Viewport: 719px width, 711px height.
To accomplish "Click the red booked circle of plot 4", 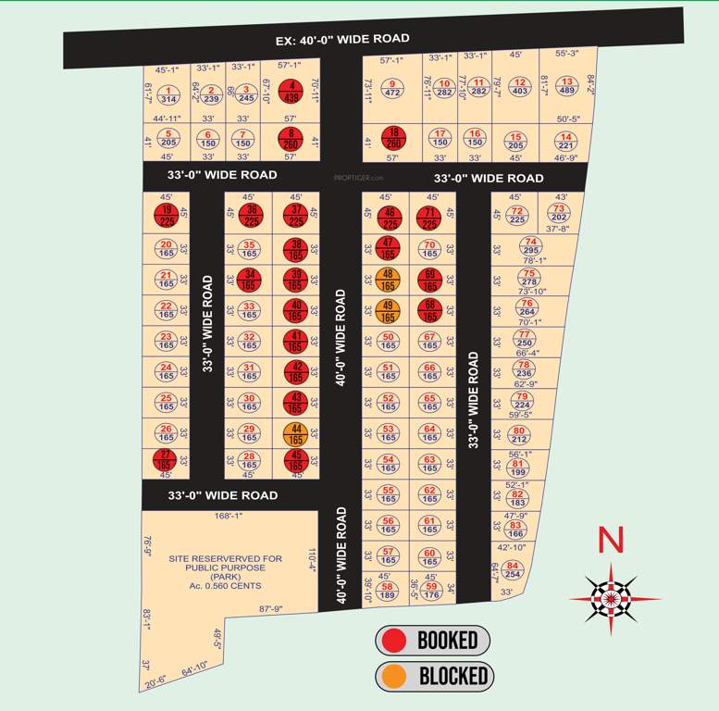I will [292, 91].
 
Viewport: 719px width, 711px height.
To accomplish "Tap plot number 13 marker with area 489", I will [567, 86].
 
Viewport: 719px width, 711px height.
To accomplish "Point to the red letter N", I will [608, 539].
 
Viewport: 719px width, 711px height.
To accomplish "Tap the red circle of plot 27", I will [167, 459].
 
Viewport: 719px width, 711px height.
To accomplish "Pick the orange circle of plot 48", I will [388, 279].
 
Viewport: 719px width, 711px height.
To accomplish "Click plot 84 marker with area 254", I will [514, 569].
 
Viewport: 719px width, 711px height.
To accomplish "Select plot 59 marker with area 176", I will [430, 590].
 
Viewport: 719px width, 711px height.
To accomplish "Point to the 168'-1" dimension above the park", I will [228, 517].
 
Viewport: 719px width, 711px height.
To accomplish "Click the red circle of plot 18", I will [393, 138].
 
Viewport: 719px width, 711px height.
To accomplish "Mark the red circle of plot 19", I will [167, 215].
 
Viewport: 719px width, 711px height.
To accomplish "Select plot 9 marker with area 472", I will [391, 87].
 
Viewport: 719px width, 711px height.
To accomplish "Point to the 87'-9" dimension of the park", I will [270, 609].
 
